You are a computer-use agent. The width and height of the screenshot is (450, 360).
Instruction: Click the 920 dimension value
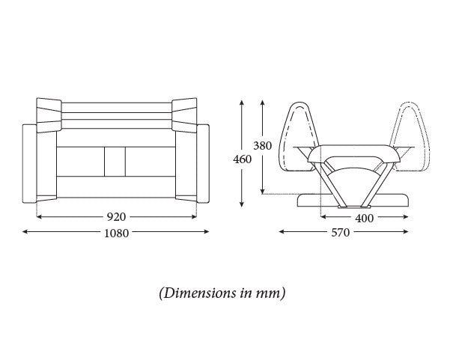point(116,217)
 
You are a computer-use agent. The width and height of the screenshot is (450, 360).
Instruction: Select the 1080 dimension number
point(116,234)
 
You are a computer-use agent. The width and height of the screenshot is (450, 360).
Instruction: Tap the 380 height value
point(262,146)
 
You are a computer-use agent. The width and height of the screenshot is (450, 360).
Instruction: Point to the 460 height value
point(242,159)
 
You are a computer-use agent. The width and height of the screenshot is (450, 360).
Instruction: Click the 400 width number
point(365,219)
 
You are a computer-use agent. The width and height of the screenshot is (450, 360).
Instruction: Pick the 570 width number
point(341,232)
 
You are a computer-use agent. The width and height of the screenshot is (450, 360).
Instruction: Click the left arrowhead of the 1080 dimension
point(25,231)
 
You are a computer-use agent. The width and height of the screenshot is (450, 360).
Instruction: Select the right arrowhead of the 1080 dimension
point(207,231)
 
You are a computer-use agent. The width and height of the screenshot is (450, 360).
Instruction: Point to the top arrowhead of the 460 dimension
point(242,103)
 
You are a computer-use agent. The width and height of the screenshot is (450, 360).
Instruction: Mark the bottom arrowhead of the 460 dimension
point(242,204)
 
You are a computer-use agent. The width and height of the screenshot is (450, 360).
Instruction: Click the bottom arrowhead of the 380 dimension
point(262,192)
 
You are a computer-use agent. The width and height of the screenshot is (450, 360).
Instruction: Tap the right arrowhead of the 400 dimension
point(406,216)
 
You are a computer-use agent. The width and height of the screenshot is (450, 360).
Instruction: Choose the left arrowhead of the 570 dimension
point(282,231)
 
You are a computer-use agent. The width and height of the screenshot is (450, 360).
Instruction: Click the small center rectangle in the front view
point(115,162)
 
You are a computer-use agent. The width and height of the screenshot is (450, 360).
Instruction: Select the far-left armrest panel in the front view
point(29,163)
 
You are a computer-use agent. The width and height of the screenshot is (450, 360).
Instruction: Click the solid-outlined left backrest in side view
point(300,136)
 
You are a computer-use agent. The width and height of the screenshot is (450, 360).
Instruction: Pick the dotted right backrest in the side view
point(410,136)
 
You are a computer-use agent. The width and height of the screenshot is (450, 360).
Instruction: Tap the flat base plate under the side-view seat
point(353,201)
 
